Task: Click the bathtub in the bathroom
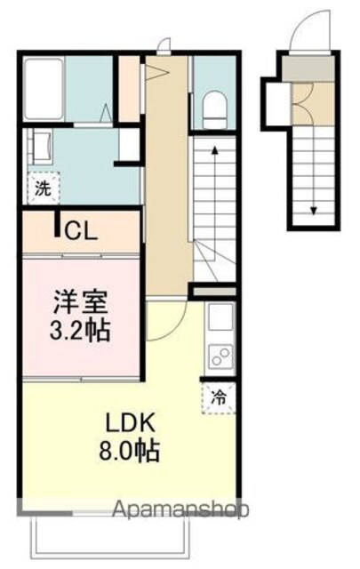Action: [x=44, y=89]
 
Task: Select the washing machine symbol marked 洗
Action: [x=44, y=188]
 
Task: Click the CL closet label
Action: [x=81, y=231]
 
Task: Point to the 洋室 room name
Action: [x=80, y=302]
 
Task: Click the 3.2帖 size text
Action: [x=80, y=330]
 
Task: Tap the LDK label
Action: [x=130, y=423]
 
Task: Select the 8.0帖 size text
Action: [x=130, y=450]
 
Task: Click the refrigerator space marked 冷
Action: [x=219, y=398]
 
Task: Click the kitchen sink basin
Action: [x=220, y=317]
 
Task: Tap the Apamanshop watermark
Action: [x=180, y=509]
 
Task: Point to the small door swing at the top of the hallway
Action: [x=164, y=44]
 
